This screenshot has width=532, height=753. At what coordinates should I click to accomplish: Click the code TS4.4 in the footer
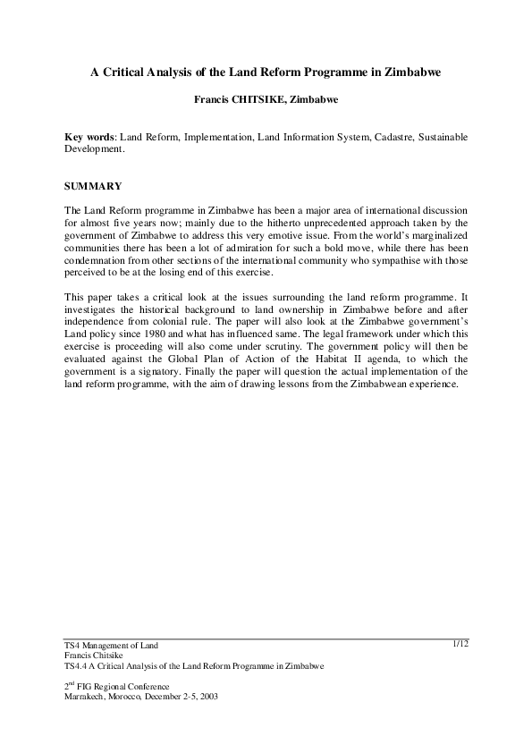tap(77, 666)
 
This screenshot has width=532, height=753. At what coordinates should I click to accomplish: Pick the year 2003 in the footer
tap(207, 695)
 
